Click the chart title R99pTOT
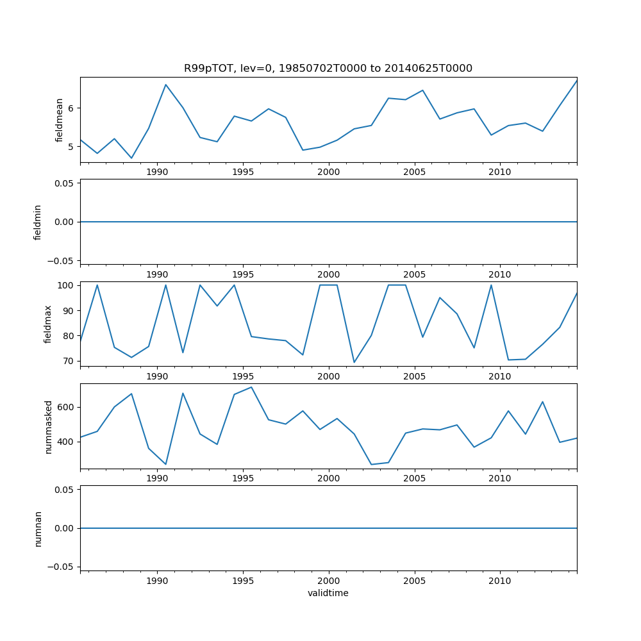click(x=328, y=69)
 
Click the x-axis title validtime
click(x=328, y=594)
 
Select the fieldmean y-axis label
click(x=60, y=120)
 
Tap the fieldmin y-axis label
click(x=38, y=222)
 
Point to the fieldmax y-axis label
click(x=48, y=324)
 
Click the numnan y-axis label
click(x=38, y=528)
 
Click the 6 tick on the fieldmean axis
click(x=72, y=108)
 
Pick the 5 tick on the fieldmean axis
click(x=72, y=146)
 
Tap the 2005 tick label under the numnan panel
click(x=414, y=581)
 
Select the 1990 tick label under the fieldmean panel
click(x=157, y=173)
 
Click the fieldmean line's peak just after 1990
click(x=165, y=85)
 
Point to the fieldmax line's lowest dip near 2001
click(x=354, y=363)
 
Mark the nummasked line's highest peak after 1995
click(x=251, y=387)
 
